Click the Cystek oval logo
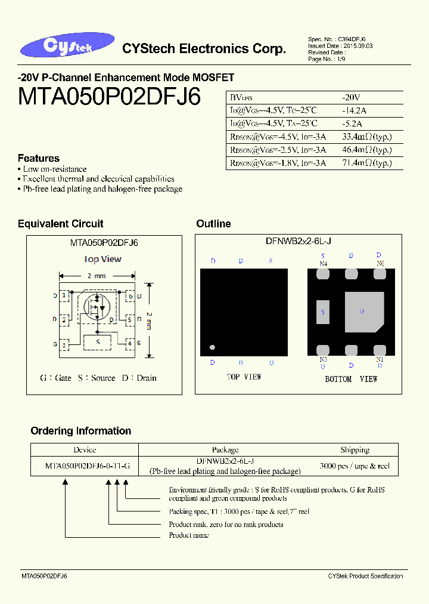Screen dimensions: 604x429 (x=66, y=47)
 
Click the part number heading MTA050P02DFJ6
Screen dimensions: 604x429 (x=110, y=96)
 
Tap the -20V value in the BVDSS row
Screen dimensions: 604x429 (x=351, y=97)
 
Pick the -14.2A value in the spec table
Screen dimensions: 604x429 (x=354, y=110)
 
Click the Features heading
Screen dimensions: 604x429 (x=39, y=158)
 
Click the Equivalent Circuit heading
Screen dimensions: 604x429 (x=60, y=224)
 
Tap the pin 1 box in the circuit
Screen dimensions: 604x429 (x=63, y=296)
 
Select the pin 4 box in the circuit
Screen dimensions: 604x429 (x=129, y=344)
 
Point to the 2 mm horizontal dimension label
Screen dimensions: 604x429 (x=96, y=276)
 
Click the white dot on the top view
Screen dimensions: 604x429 (x=212, y=347)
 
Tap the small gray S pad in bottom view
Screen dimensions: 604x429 (x=322, y=312)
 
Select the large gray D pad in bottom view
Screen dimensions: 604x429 (x=363, y=312)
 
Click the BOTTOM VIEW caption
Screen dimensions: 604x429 (x=351, y=379)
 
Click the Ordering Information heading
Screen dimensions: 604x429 (x=80, y=431)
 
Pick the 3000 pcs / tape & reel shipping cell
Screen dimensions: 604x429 (x=355, y=466)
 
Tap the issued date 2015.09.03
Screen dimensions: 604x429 (x=357, y=46)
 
